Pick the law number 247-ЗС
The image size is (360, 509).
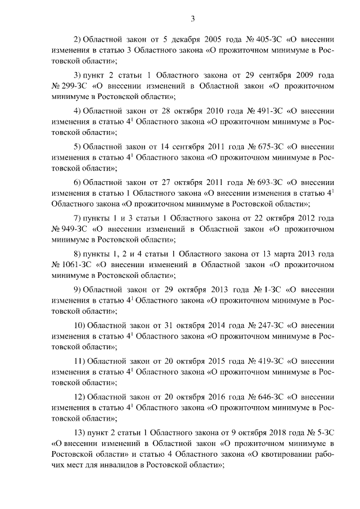pyautogui.click(x=267, y=325)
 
